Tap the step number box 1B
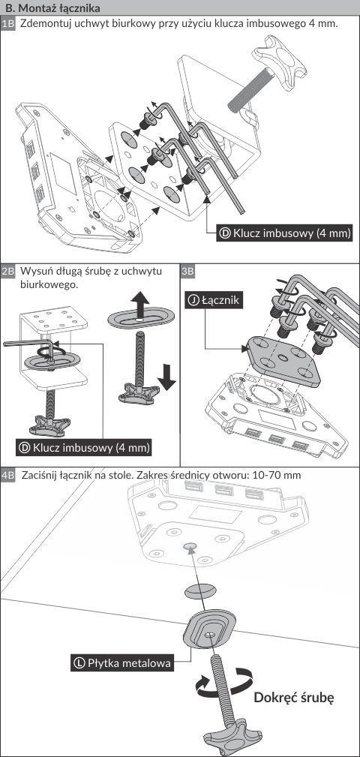(x=8, y=24)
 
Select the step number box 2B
(x=8, y=271)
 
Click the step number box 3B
(x=188, y=271)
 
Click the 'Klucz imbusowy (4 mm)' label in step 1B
(x=284, y=233)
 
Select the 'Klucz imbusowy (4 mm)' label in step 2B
(x=85, y=448)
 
